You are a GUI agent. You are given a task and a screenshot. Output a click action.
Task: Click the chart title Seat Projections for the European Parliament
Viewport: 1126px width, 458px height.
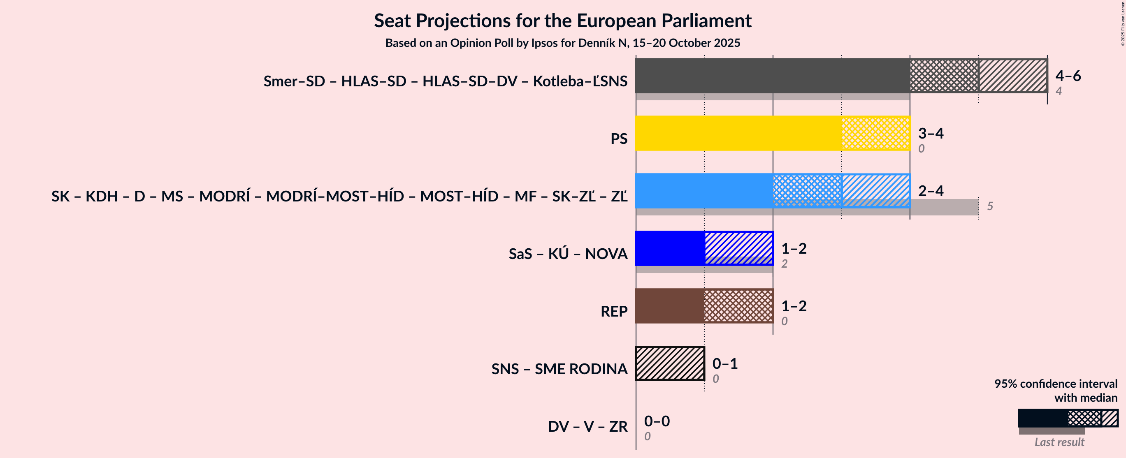coord(562,21)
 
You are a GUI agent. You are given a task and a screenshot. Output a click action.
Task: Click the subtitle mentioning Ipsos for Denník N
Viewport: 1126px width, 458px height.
coord(562,43)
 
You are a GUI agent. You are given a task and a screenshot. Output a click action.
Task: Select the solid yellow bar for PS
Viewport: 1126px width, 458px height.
coord(738,133)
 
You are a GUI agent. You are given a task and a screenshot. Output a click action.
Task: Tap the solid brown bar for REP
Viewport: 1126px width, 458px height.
coord(669,306)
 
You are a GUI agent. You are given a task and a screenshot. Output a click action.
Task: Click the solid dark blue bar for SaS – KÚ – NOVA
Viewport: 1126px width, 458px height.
coord(669,248)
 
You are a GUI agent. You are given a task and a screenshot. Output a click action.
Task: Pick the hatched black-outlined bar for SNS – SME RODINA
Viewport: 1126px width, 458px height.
coord(670,363)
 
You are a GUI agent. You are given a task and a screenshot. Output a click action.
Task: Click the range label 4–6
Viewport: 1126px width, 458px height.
coord(1068,76)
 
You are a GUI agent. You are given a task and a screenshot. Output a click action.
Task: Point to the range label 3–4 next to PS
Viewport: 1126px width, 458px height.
coord(931,133)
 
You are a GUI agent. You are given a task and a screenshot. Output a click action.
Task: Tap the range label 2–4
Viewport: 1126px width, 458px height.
coord(931,191)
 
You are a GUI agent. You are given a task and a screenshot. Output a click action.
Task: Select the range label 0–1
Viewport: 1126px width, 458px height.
coord(725,363)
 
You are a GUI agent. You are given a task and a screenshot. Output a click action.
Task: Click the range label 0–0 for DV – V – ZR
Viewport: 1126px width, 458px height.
coord(657,421)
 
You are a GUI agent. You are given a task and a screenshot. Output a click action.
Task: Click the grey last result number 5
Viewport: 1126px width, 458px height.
coord(990,206)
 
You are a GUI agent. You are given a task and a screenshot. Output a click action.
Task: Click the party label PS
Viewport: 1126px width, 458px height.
coord(618,139)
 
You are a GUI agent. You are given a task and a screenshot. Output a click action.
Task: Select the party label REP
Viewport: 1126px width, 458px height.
coord(614,312)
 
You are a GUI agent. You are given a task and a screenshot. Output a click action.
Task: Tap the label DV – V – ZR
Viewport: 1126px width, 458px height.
coord(587,426)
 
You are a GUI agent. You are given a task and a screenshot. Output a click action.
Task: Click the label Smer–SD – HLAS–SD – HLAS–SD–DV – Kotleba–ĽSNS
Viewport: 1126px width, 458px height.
coord(445,81)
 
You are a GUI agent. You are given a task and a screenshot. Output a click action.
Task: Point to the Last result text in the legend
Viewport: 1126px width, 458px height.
coord(1059,442)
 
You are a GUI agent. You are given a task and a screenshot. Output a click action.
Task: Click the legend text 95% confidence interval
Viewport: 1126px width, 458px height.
coord(1055,384)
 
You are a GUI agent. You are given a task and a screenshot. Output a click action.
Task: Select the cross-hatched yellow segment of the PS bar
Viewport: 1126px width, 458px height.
coord(875,133)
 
